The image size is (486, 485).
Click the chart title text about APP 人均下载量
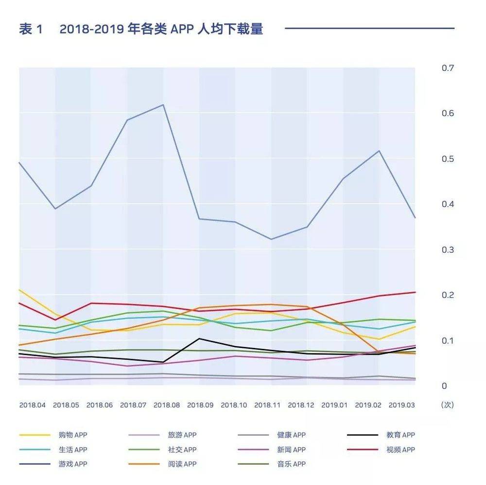point(141,29)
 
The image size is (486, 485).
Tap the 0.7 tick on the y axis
point(448,68)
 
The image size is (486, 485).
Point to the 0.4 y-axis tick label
point(448,204)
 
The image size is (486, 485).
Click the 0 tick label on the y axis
point(444,386)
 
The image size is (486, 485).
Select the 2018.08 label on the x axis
point(167,405)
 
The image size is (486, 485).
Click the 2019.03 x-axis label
point(401,405)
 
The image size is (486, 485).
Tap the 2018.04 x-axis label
point(33,405)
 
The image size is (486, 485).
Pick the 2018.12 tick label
point(301,405)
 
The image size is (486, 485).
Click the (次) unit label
point(447,405)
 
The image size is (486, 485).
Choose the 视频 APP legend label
point(401,450)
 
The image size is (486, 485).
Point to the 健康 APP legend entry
point(292,435)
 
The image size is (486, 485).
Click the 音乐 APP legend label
point(292,464)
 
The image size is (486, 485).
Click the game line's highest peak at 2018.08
point(163,104)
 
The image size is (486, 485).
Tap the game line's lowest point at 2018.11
point(271,239)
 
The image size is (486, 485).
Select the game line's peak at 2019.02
point(379,151)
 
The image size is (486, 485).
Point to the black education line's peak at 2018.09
point(199,338)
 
